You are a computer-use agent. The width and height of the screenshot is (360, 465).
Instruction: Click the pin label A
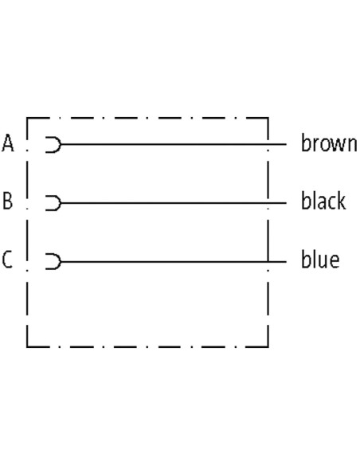pos(8,143)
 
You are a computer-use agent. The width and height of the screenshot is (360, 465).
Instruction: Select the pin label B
pos(8,201)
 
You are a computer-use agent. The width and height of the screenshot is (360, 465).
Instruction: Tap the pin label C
pos(7,260)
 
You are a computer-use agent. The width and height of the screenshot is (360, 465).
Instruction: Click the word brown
pos(329,143)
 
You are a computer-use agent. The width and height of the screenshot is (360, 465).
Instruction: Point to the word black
pos(323,201)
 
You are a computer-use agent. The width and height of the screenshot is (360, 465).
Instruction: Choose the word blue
pos(320,260)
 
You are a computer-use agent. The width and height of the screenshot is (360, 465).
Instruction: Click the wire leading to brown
pos(174,144)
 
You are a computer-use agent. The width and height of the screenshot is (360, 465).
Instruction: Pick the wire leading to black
pos(174,203)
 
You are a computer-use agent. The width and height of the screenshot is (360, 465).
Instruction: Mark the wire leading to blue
pos(174,261)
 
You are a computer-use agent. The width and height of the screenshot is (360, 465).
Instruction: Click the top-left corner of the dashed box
pos(27,119)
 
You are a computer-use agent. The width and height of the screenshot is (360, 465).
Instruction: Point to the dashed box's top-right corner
pos(268,119)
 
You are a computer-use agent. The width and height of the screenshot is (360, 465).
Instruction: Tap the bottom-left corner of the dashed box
pos(27,346)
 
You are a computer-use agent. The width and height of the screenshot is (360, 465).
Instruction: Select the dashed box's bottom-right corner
pos(268,346)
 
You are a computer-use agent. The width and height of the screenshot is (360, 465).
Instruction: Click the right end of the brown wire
pos(287,144)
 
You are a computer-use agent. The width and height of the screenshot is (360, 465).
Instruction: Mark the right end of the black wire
pos(287,203)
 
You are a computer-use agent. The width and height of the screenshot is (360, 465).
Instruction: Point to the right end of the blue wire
pos(287,261)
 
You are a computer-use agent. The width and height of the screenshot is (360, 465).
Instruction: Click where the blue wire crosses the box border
pos(268,261)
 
